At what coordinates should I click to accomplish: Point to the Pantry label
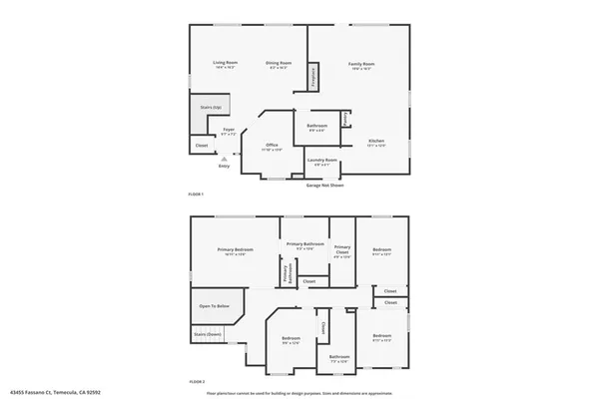click(346, 119)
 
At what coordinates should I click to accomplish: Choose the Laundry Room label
click(322, 161)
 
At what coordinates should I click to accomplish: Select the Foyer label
click(229, 130)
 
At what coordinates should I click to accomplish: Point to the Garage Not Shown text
click(325, 185)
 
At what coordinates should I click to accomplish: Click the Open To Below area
click(214, 305)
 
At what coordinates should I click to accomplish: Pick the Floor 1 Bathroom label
click(316, 127)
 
